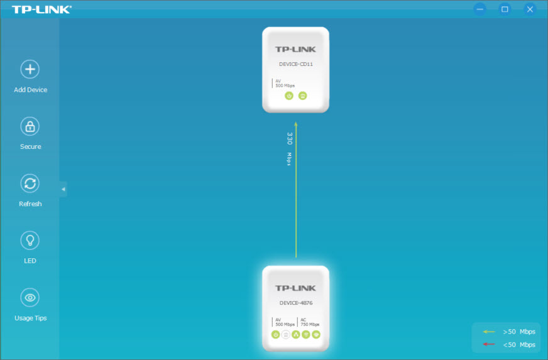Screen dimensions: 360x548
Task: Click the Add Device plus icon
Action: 30,69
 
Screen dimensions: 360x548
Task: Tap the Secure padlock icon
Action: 30,126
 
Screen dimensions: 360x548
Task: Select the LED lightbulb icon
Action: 30,240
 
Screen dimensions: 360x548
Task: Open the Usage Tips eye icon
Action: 30,297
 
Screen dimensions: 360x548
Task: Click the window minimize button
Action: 480,9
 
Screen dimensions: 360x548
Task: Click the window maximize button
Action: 505,9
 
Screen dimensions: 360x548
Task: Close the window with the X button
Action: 530,9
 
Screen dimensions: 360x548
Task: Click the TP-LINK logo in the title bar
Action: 41,9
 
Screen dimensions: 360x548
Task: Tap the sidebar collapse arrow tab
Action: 63,189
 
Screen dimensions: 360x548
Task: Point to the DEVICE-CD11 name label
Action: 295,64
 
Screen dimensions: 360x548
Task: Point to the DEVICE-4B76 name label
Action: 295,303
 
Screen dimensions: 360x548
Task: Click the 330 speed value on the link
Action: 290,139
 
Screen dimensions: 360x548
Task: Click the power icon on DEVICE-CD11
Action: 288,96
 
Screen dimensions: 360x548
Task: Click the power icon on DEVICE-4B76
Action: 275,335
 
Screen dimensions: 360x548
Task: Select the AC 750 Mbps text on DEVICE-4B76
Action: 309,322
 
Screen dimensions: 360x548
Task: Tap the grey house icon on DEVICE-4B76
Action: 285,335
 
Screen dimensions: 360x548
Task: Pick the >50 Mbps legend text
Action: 518,331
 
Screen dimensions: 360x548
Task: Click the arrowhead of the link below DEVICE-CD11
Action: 295,124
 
